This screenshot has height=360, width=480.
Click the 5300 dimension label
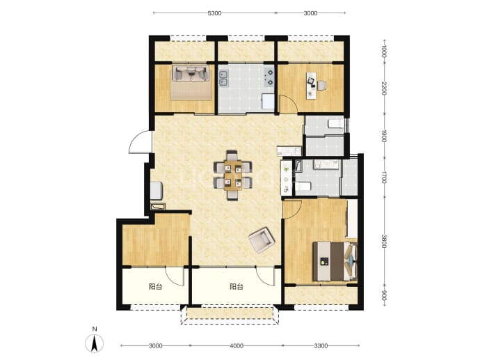214,13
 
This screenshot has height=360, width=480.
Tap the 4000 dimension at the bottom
237,346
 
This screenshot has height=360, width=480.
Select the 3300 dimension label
321,346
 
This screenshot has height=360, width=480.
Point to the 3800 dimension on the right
385,242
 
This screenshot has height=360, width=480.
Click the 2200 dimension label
385,88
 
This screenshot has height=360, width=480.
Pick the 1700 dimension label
385,178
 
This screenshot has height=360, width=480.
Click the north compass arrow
95,343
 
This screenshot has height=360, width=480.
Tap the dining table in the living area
233,175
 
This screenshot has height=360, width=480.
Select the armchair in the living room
261,240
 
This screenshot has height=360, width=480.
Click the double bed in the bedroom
335,261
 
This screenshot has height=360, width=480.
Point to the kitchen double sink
223,77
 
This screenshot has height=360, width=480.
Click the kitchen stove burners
269,77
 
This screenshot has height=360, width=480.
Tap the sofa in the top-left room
191,73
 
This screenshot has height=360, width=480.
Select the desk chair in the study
321,86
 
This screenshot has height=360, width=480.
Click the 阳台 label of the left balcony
155,287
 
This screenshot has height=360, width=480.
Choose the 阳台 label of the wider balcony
237,287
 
